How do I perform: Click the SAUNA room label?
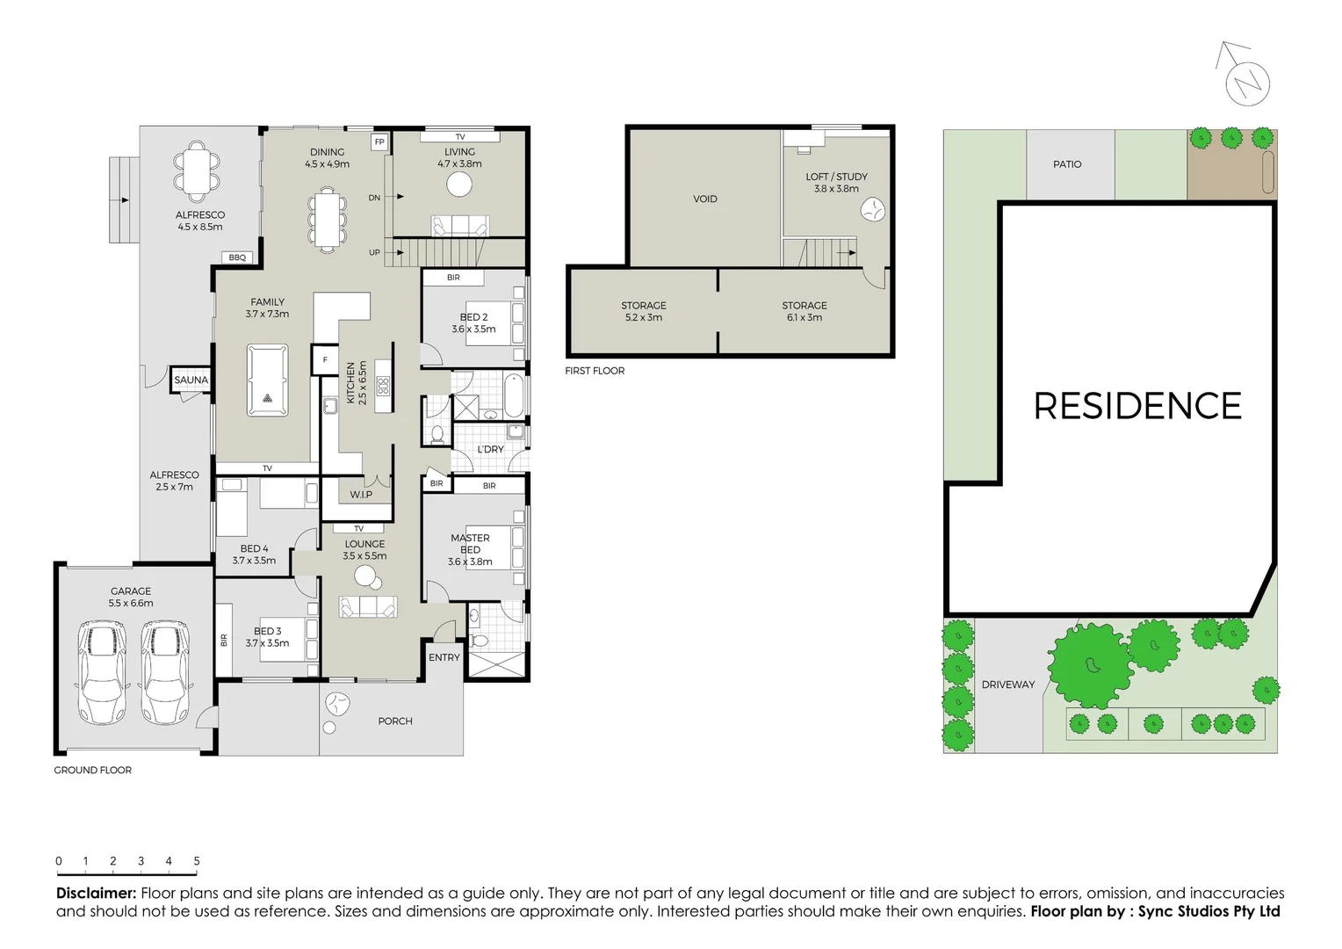pos(191,380)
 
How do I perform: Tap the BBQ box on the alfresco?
pos(237,257)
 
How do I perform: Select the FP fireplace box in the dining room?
pos(379,141)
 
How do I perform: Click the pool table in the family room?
pos(268,380)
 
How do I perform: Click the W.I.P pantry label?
pos(361,495)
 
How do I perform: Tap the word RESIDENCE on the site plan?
pos(1137,406)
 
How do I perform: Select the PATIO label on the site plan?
pos(1067,164)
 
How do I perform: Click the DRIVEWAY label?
pos(1008,685)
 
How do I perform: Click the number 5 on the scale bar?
pos(197,861)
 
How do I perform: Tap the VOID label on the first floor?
pos(705,199)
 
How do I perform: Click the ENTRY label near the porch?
pos(444,657)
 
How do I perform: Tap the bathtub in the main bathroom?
pos(514,395)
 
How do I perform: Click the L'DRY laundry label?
pos(490,449)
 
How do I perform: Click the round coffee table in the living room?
pos(459,185)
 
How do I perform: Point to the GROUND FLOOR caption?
pos(93,770)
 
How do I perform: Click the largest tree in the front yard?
pos(1091,666)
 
